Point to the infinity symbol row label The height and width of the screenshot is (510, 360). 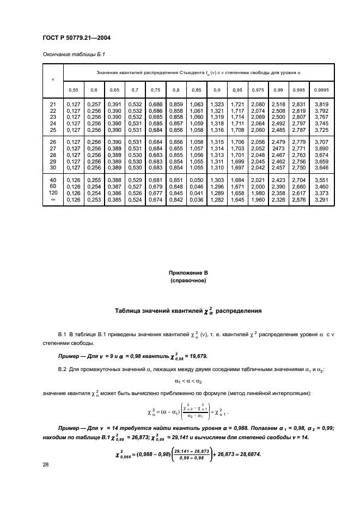click(x=53, y=199)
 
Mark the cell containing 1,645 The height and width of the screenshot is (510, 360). click(x=237, y=199)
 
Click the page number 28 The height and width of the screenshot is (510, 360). click(x=46, y=464)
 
